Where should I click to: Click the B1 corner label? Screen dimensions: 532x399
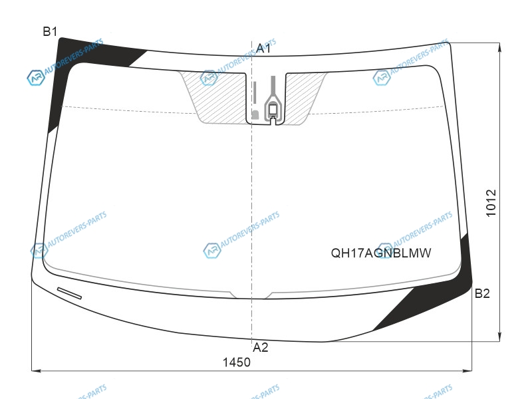(50, 31)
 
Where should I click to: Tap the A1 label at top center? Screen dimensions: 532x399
(263, 48)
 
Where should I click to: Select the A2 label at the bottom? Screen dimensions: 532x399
(261, 347)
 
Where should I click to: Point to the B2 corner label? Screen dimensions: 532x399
(482, 293)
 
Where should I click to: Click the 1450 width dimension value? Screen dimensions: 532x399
(237, 362)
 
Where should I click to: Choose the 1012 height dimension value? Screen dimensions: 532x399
(491, 203)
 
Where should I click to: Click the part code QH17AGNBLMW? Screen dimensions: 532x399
(380, 253)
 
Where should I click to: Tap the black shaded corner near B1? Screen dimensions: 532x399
(68, 65)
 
